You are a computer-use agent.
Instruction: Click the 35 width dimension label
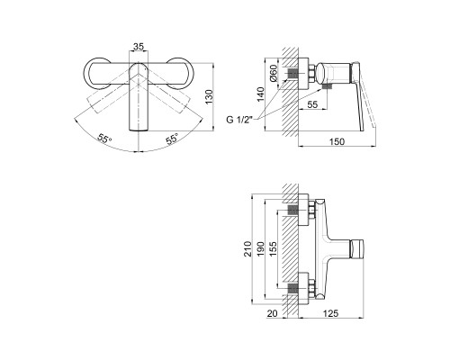pos(139,47)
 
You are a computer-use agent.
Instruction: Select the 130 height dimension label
pos(209,97)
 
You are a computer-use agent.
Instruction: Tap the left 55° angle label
pos(104,139)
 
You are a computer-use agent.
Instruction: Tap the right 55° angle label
pos(172,139)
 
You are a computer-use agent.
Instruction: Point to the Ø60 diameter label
pos(274,73)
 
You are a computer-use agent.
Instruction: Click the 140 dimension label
pos(261,94)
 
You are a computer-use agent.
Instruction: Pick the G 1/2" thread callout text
pos(239,120)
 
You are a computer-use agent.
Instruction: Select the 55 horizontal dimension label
pos(312,104)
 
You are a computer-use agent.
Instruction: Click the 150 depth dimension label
pos(337,141)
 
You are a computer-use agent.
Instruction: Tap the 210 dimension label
pos(248,248)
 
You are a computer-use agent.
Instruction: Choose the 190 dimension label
pos(260,248)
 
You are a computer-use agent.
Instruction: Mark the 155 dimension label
pos(273,248)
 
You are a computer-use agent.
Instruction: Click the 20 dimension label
pos(273,313)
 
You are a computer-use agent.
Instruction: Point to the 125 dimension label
pos(330,313)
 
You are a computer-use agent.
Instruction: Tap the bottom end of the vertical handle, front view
pos(139,130)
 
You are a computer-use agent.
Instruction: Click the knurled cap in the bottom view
pos(357,248)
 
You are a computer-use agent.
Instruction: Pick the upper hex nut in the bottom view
pos(312,210)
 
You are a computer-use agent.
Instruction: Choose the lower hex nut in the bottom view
pos(312,288)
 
